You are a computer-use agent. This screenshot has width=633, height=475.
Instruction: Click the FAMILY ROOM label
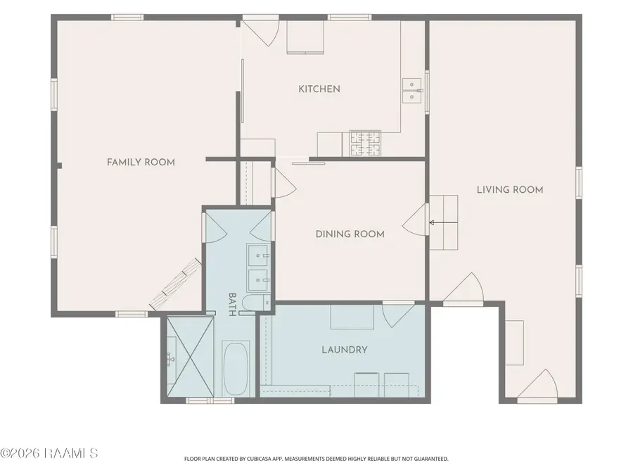(141, 163)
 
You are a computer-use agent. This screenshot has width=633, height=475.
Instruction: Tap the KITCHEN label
(319, 89)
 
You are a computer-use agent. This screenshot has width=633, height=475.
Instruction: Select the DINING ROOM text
(350, 234)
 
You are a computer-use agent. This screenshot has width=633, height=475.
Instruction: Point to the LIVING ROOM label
(510, 189)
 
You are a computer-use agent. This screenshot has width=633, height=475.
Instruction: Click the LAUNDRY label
(345, 350)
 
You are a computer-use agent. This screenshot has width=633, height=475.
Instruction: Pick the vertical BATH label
(232, 305)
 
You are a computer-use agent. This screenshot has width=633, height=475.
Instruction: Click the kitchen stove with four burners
(365, 144)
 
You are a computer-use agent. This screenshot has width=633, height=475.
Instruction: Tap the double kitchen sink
(411, 91)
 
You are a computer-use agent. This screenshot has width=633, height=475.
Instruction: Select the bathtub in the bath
(236, 368)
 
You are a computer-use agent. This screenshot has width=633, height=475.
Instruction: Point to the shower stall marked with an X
(190, 357)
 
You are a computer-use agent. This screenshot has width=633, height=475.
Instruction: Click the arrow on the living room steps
(443, 222)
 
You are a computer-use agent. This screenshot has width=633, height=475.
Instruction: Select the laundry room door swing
(398, 315)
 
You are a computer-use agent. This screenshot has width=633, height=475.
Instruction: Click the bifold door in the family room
(176, 284)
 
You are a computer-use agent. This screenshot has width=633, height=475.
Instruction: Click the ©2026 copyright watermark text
(49, 453)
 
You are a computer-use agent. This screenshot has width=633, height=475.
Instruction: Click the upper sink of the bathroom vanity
(258, 255)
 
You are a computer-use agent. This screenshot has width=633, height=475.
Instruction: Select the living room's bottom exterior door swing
(537, 384)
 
